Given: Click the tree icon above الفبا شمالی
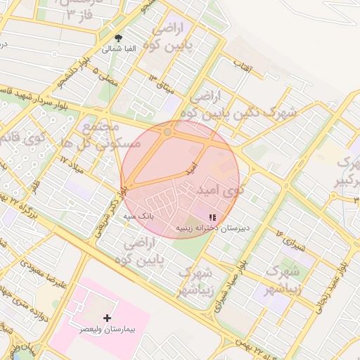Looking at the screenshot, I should click(118, 38).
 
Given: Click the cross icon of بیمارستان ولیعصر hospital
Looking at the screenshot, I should click(107, 319).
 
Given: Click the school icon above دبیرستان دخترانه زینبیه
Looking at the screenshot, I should click(213, 217).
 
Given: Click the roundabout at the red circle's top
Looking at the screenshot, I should click(167, 131).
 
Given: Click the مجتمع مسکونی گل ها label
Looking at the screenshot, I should click(112, 136).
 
